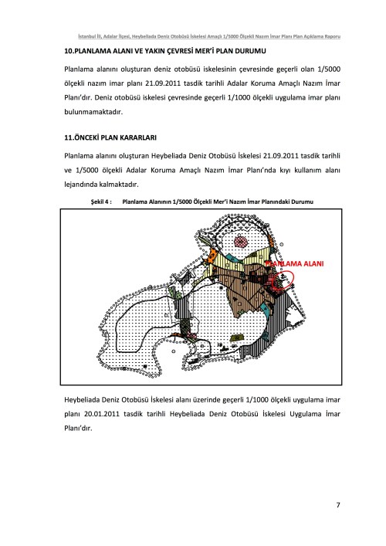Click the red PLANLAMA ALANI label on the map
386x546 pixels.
coord(294,263)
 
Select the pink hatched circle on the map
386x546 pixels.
coord(241,241)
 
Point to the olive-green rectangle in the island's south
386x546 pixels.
coord(237,337)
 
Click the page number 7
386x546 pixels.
coord(338,505)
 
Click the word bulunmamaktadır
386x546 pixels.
coord(93,112)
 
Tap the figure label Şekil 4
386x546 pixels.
coord(101,202)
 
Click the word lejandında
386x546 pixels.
coord(81,185)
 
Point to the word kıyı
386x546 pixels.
coord(286,170)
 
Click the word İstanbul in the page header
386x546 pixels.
coord(85,36)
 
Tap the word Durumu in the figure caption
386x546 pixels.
coord(302,202)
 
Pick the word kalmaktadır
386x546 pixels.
coord(119,185)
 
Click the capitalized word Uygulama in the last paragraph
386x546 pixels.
coord(306,414)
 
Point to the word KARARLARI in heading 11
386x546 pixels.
coord(138,137)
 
